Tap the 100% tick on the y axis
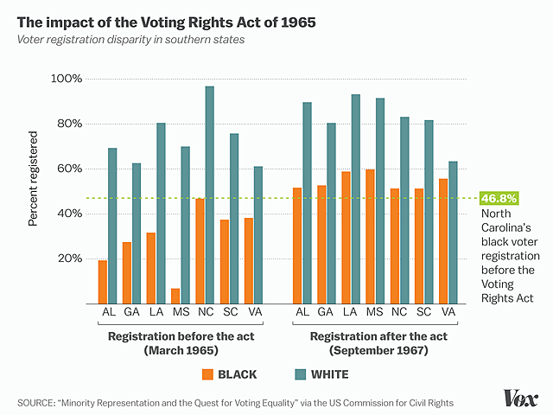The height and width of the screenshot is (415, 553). coord(67,79)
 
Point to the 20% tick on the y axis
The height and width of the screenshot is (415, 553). coord(69,259)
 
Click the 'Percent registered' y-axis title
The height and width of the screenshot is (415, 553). coord(34,179)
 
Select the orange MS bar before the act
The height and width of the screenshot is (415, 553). coord(175,296)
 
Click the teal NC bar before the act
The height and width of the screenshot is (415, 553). coord(209,195)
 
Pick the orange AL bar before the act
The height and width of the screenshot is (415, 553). coord(103,282)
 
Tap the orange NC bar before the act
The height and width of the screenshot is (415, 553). coord(200,251)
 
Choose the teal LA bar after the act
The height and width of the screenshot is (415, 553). coord(355,199)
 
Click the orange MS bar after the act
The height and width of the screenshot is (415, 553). coord(370,236)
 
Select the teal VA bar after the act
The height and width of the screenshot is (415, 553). coord(453,232)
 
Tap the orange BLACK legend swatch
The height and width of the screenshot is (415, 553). coord(207,374)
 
